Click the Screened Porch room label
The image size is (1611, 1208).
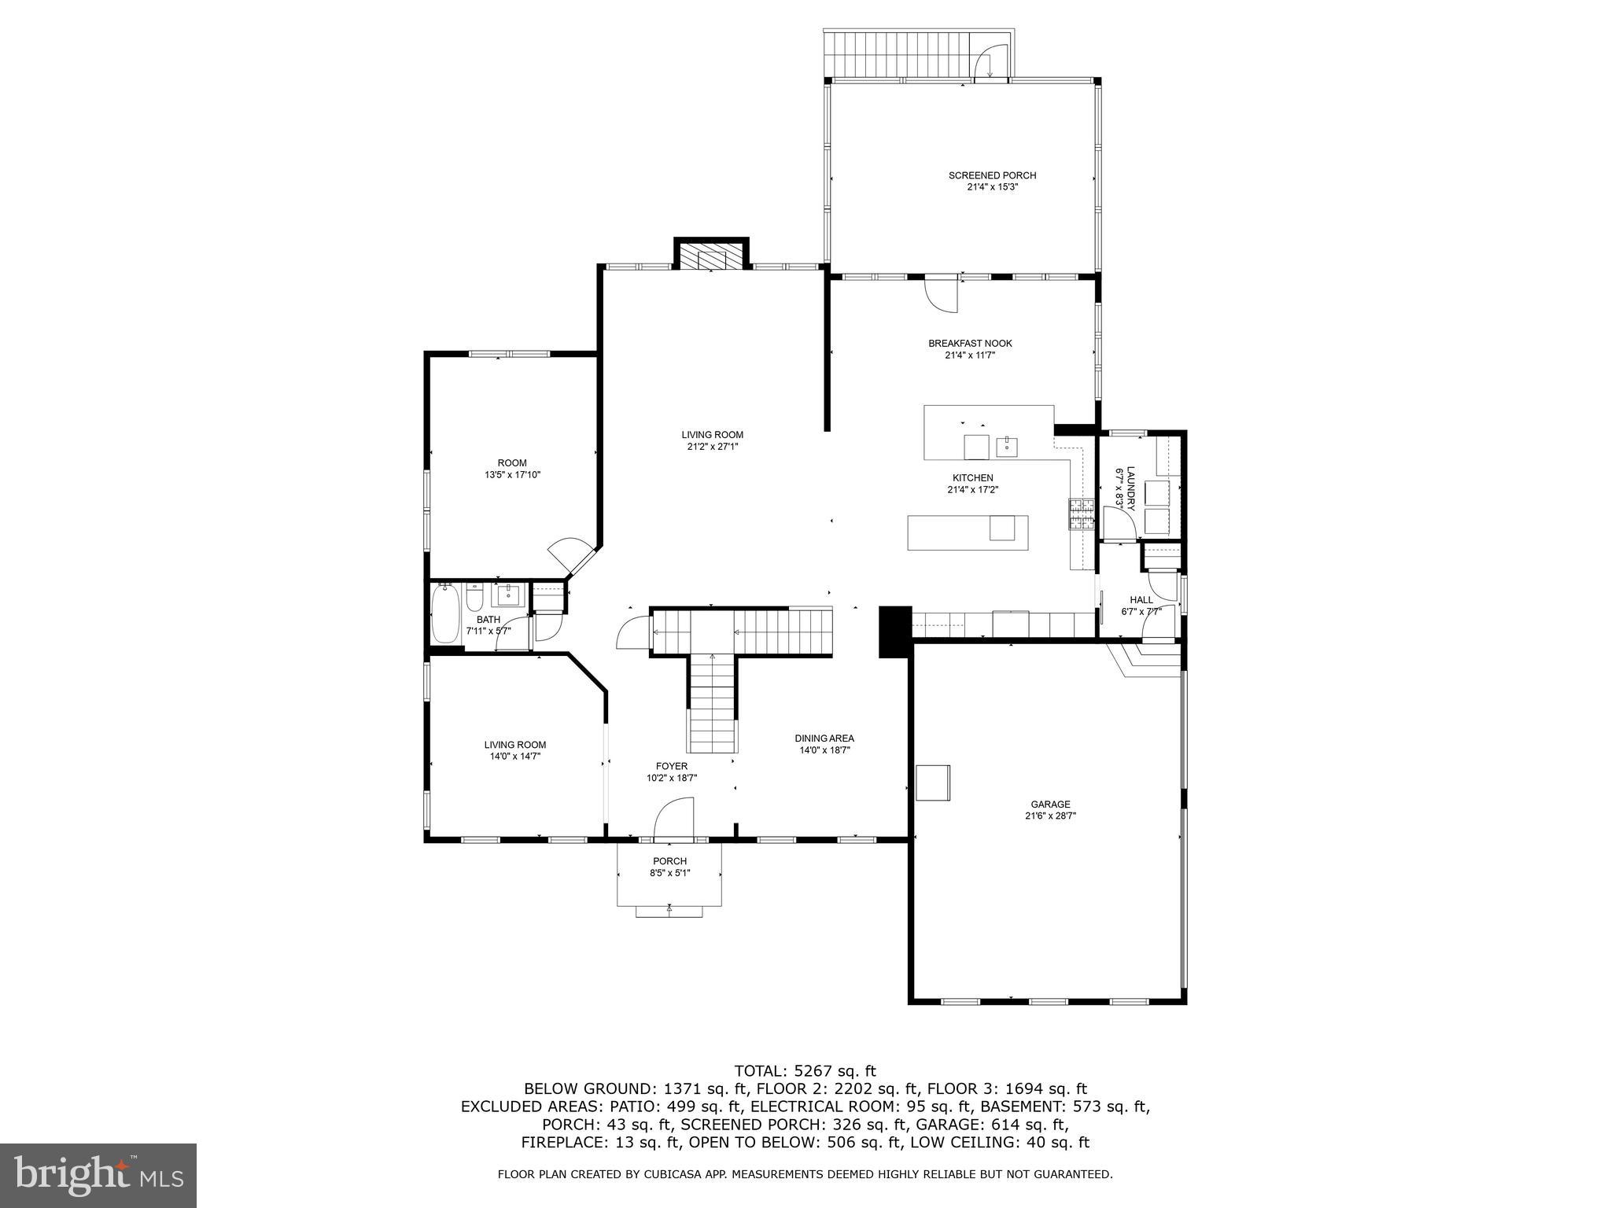pyautogui.click(x=992, y=175)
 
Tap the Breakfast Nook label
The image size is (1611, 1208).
pyautogui.click(x=970, y=344)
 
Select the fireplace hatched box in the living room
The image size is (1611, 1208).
pyautogui.click(x=711, y=256)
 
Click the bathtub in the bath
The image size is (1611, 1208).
pyautogui.click(x=444, y=614)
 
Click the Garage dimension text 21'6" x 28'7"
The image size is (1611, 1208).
pyautogui.click(x=1050, y=816)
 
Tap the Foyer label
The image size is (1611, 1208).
pyautogui.click(x=672, y=766)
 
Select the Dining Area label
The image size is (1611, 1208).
pyautogui.click(x=824, y=738)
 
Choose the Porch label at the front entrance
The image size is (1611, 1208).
pyautogui.click(x=669, y=861)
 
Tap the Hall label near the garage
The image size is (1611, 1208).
pyautogui.click(x=1141, y=600)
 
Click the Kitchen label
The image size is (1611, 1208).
pyautogui.click(x=973, y=477)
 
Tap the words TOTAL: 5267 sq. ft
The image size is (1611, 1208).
pyautogui.click(x=805, y=1070)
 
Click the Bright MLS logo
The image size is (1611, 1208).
pyautogui.click(x=98, y=1175)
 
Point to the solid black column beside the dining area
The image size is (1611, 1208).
pyautogui.click(x=894, y=631)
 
